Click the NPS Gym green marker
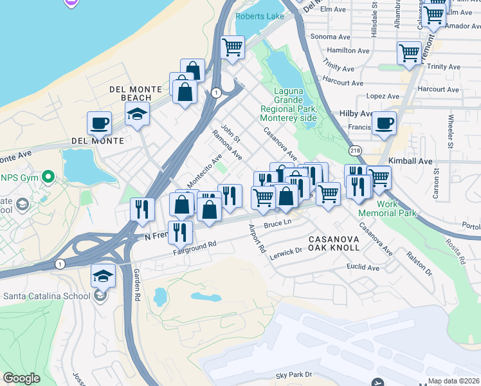click(46, 176)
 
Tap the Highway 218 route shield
click(355, 150)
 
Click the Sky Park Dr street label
click(293, 374)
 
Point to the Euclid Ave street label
click(362, 267)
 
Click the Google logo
click(22, 378)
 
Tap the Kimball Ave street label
click(410, 161)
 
